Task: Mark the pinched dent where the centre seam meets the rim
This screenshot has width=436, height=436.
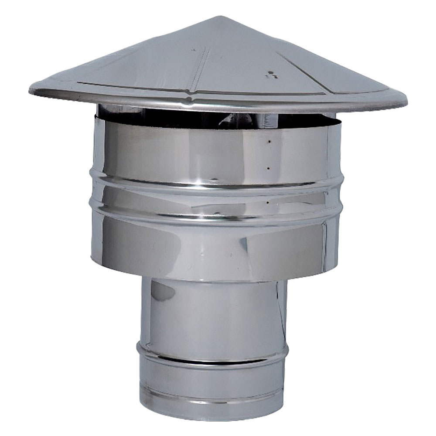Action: [x=189, y=101]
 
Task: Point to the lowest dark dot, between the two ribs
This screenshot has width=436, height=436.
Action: [x=266, y=202]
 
